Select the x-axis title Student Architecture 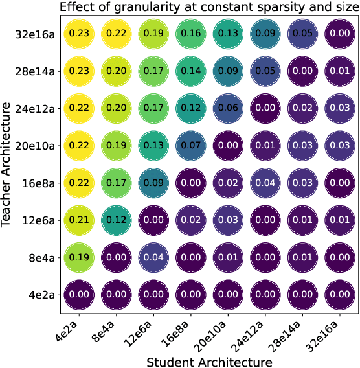click(x=208, y=360)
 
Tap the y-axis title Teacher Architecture click(x=8, y=165)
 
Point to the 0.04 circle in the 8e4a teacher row click(x=153, y=258)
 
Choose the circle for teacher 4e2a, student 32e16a click(x=339, y=295)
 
